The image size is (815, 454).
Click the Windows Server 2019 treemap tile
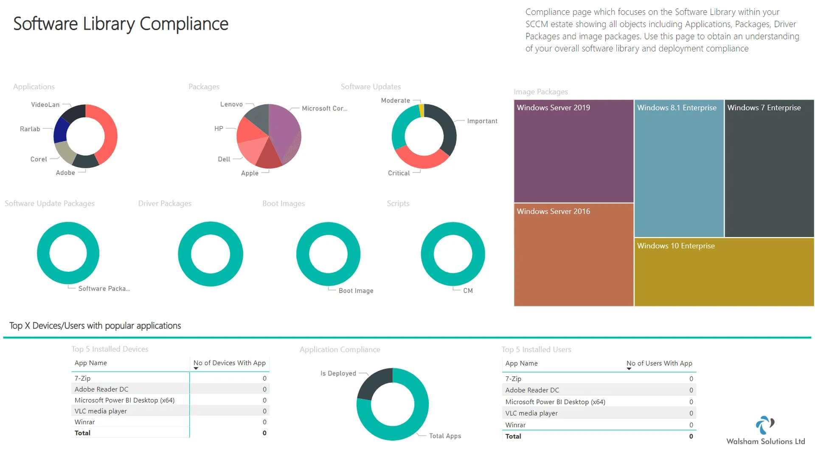573,151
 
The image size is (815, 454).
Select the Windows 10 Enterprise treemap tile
724,272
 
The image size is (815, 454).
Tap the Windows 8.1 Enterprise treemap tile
679,168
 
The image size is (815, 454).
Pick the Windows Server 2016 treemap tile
573,255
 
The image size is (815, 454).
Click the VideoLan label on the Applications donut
45,104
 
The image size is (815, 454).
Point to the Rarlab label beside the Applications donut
30,129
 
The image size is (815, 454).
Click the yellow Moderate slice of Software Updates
421,110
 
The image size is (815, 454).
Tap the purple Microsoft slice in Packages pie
284,130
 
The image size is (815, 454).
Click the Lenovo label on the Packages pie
231,104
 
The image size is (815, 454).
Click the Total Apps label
445,436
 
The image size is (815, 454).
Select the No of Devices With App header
229,363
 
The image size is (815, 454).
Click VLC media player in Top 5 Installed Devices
101,411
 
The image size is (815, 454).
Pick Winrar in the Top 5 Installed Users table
515,425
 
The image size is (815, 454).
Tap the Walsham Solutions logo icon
765,425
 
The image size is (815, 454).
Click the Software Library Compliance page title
121,24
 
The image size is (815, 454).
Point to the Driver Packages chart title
165,203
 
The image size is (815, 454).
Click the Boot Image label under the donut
356,290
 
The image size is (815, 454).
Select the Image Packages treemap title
540,92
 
